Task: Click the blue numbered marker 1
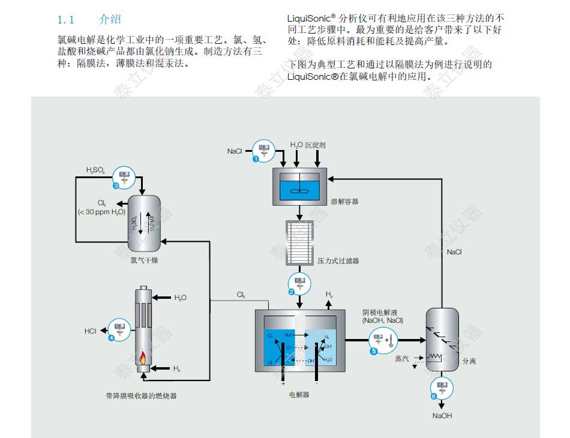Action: coord(256,159)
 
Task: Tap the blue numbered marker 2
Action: coord(292,292)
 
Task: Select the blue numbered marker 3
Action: coord(116,186)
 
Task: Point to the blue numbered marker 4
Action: coord(112,338)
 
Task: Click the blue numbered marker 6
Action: coord(434,395)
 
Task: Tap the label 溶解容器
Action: coord(344,202)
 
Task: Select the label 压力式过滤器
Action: coord(340,261)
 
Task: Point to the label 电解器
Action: coord(299,395)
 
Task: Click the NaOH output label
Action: coord(443,415)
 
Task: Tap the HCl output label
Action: coord(90,331)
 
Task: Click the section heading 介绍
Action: coord(110,20)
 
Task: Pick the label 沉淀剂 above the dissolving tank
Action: coord(316,145)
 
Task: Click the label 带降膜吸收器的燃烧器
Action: coord(141,395)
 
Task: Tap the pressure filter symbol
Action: coord(299,244)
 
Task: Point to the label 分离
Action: coord(469,362)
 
